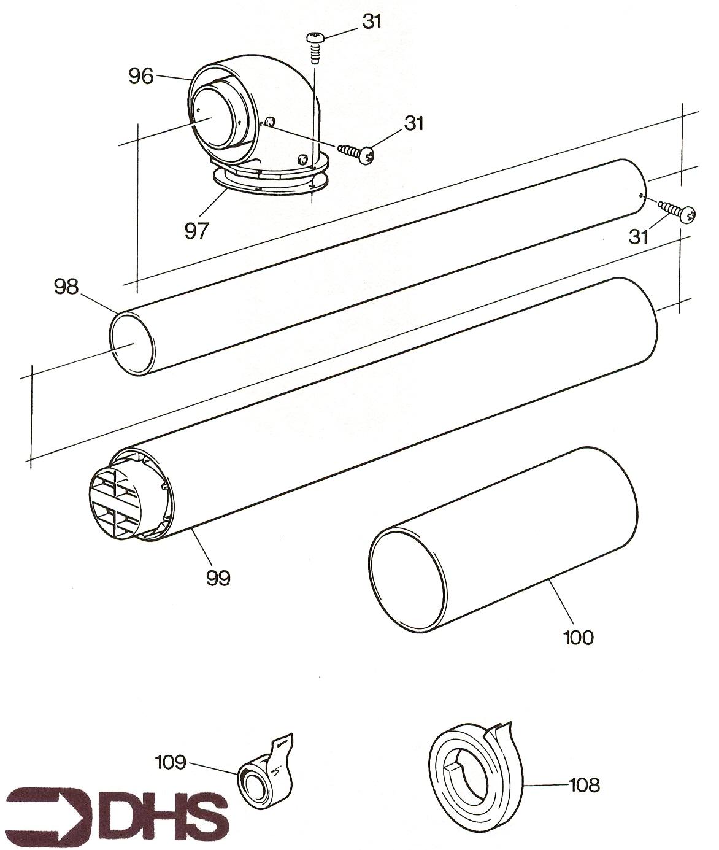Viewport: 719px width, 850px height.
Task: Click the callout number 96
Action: click(140, 77)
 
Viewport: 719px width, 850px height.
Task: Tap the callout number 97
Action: click(197, 230)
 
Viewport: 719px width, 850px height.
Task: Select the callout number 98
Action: click(66, 287)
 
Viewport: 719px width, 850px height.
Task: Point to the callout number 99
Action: click(218, 577)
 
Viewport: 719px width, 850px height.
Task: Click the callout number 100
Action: click(578, 637)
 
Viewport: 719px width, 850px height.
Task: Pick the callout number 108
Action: click(584, 784)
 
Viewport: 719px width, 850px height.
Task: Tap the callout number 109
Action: click(171, 762)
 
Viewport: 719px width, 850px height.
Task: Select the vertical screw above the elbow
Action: click(315, 47)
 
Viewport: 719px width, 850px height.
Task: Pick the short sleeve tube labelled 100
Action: click(503, 540)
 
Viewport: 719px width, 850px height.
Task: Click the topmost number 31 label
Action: click(372, 21)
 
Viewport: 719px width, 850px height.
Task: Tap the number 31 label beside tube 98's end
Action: click(639, 236)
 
